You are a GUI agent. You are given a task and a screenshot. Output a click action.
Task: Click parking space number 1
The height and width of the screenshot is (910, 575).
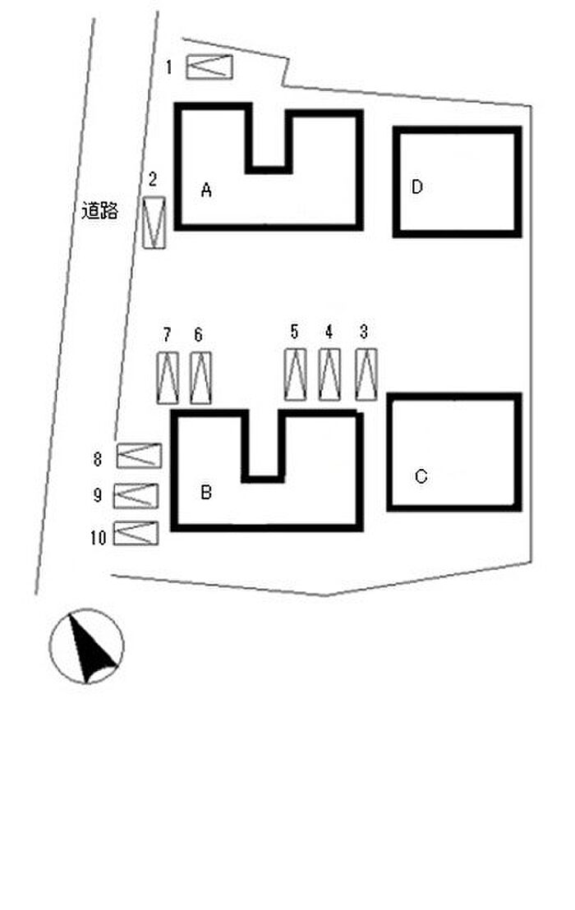(209, 67)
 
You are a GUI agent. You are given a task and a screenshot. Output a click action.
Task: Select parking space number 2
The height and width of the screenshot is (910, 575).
(154, 223)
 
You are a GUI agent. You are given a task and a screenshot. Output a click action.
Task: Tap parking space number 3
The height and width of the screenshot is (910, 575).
(366, 375)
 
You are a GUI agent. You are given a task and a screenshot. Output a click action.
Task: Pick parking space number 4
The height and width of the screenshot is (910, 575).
(329, 375)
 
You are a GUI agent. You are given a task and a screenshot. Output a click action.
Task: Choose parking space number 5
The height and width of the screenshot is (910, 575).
(296, 375)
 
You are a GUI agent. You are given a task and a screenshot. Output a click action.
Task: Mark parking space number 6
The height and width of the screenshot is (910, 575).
(200, 378)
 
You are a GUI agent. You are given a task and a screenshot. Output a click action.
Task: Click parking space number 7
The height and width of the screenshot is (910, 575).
(168, 378)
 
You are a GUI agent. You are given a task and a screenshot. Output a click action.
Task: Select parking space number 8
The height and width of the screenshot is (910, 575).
(139, 456)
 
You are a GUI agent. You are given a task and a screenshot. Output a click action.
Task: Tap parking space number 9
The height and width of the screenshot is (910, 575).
(136, 495)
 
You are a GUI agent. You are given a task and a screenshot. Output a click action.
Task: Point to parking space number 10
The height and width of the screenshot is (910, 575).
(136, 533)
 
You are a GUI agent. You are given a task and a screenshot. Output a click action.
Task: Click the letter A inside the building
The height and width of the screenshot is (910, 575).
(206, 190)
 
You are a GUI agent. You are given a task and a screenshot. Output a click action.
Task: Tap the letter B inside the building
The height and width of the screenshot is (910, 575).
(206, 492)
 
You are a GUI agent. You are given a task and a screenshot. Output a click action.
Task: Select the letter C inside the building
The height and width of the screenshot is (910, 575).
(421, 476)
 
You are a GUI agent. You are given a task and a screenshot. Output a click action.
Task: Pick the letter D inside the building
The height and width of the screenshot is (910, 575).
(416, 187)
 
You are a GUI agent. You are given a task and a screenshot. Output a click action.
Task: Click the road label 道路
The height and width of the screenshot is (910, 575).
(99, 210)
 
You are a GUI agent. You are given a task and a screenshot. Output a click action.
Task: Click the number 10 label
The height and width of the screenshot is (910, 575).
(98, 538)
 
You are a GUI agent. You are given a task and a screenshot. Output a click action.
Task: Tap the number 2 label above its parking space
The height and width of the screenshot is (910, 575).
(153, 179)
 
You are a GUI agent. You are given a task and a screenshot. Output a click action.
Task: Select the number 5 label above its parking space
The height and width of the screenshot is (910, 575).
(294, 332)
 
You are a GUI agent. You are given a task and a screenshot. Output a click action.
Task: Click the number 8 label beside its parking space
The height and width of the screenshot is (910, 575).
(98, 460)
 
